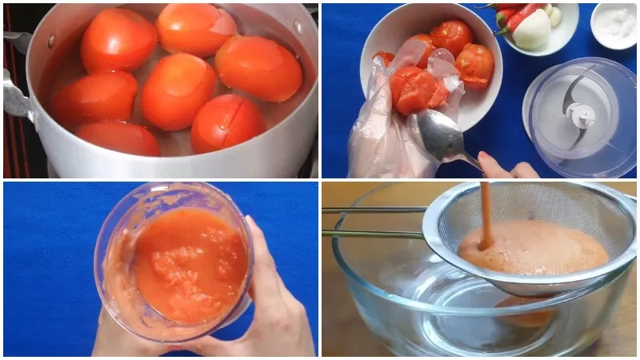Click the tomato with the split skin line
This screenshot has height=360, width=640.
(x=227, y=122)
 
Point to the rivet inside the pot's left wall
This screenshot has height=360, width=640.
(x=52, y=40)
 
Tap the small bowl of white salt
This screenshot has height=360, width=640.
(x=614, y=24)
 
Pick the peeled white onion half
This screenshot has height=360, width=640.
(x=532, y=30)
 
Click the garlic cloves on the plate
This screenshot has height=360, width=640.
(x=554, y=14)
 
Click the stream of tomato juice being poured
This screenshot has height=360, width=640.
(x=485, y=212)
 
